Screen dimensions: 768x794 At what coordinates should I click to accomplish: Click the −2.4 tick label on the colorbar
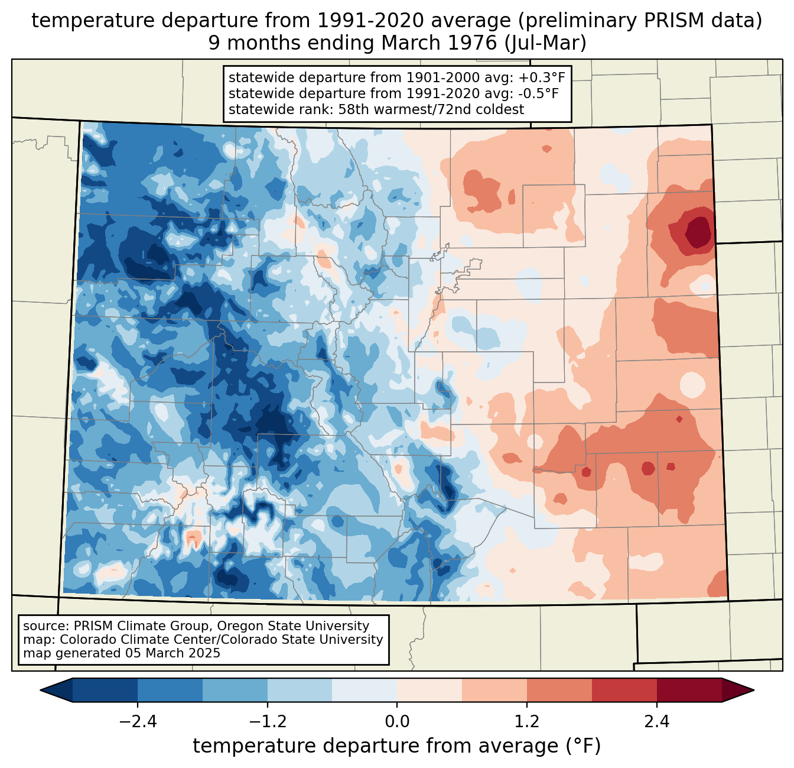(x=138, y=722)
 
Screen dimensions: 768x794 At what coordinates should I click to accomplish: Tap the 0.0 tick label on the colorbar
(x=397, y=722)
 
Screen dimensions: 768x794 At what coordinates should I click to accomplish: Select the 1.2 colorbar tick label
(x=527, y=722)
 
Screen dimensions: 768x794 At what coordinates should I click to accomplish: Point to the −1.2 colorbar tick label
(x=268, y=722)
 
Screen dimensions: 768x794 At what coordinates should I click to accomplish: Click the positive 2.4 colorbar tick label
(x=656, y=722)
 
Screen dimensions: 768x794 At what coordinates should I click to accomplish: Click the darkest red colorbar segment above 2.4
(x=689, y=690)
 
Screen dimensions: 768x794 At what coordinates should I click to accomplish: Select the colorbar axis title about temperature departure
(x=397, y=746)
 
